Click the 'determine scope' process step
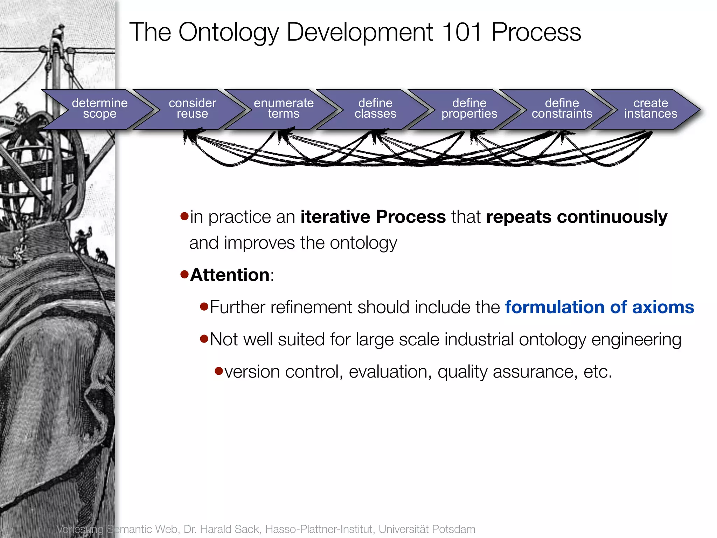coord(99,109)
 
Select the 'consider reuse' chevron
coord(192,109)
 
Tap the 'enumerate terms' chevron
coord(284,109)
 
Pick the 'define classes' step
coord(375,109)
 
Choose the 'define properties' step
coord(469,109)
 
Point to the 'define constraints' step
coord(562,109)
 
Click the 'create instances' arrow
coord(650,109)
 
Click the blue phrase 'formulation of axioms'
coord(599,307)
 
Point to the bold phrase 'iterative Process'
coord(373,217)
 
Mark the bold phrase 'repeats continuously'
coord(577,217)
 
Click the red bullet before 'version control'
coord(219,371)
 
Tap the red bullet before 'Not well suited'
coord(204,339)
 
